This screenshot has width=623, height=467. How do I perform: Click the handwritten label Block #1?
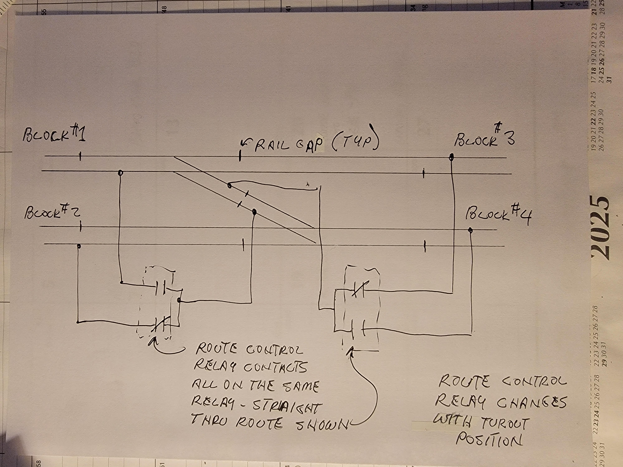54,134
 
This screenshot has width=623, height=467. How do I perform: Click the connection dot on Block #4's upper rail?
470,230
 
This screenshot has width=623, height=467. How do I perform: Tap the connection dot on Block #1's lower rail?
120,172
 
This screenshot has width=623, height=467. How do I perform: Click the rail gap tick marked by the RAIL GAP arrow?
240,156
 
